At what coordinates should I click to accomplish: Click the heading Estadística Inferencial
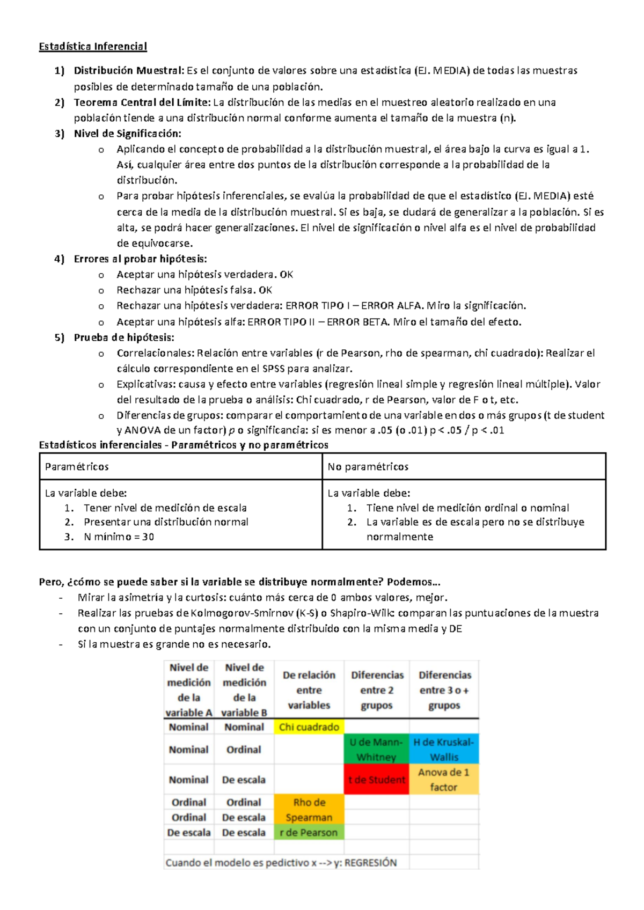[x=93, y=47]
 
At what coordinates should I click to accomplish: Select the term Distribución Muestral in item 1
[x=129, y=70]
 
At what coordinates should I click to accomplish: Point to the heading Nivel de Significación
[x=128, y=134]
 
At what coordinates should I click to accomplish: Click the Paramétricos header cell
[x=77, y=467]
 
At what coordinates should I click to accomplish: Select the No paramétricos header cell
[x=368, y=467]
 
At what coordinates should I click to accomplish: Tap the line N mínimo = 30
[x=119, y=537]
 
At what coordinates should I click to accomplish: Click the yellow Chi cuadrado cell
[x=309, y=727]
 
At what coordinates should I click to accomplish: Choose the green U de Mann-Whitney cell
[x=376, y=749]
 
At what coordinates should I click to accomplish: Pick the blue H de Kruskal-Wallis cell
[x=444, y=749]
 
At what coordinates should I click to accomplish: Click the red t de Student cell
[x=376, y=780]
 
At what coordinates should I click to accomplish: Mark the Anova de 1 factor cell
[x=444, y=780]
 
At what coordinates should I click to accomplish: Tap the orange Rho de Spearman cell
[x=309, y=810]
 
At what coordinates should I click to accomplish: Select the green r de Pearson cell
[x=309, y=832]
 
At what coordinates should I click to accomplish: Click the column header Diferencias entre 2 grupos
[x=377, y=690]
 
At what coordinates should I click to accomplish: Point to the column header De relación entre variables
[x=309, y=690]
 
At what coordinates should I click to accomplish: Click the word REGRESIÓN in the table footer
[x=370, y=863]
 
